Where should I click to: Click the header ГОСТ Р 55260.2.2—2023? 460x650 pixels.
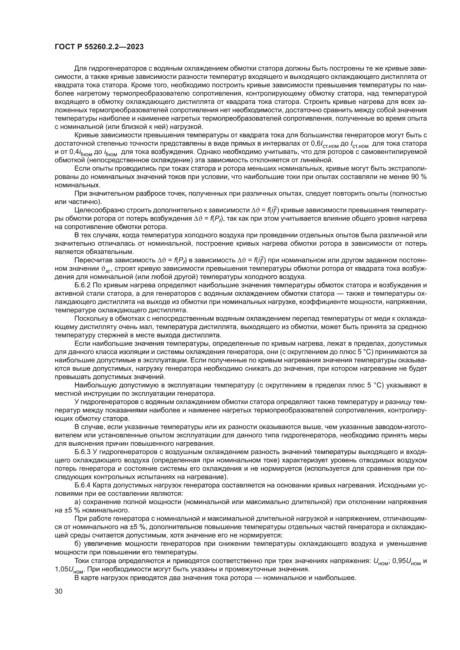[99, 47]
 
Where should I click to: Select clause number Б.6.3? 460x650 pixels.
[82, 452]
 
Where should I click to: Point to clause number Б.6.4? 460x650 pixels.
[82, 485]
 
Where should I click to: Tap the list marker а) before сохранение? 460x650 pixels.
[78, 502]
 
